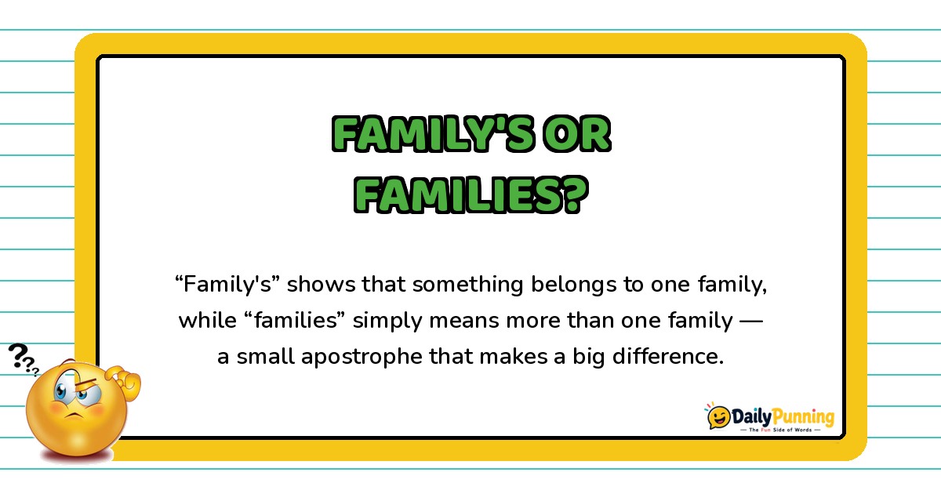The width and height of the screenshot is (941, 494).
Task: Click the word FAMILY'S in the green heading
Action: tap(434, 133)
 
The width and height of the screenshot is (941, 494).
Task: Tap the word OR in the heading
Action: tap(577, 133)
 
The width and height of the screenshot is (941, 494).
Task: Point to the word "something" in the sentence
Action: tap(467, 285)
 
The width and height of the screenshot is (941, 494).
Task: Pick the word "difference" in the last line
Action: tap(668, 357)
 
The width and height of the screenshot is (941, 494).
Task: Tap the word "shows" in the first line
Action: tap(322, 284)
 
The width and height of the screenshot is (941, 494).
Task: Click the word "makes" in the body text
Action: tap(514, 357)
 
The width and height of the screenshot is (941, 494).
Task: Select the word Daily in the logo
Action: tap(751, 416)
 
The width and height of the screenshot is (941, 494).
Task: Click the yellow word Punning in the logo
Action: tap(803, 417)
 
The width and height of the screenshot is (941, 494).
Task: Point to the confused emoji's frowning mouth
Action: tap(74, 416)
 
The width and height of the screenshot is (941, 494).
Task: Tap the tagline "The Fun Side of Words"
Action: tap(780, 430)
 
